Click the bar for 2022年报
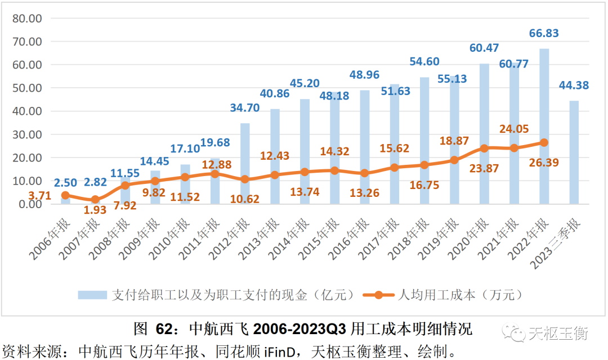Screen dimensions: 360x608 544,126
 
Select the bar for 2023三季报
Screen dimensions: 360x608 574,152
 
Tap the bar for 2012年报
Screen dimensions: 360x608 245,163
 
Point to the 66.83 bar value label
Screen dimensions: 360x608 544,34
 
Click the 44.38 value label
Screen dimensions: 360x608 574,85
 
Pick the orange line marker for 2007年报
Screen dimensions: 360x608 95,200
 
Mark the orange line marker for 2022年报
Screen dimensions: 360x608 544,142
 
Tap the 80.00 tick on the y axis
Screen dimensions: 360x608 28,19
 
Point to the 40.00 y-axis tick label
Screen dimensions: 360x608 28,111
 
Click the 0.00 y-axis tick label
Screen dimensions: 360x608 30,204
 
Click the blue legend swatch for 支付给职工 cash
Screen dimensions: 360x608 92,294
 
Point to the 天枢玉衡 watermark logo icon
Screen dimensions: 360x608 515,334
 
